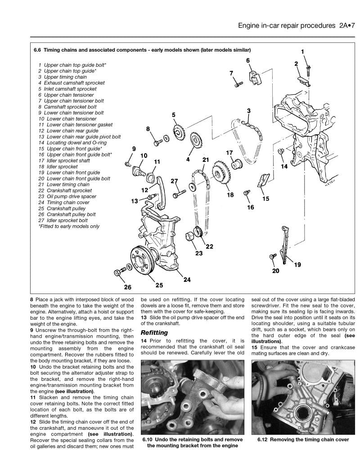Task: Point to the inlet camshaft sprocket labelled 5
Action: click(x=180, y=133)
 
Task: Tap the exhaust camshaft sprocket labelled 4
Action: click(x=196, y=143)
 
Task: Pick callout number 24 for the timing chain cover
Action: click(x=187, y=280)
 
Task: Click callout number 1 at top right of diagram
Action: click(x=302, y=51)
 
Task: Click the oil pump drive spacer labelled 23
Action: click(x=190, y=236)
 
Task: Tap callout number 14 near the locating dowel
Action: click(x=284, y=166)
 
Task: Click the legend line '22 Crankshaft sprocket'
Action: click(x=69, y=191)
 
